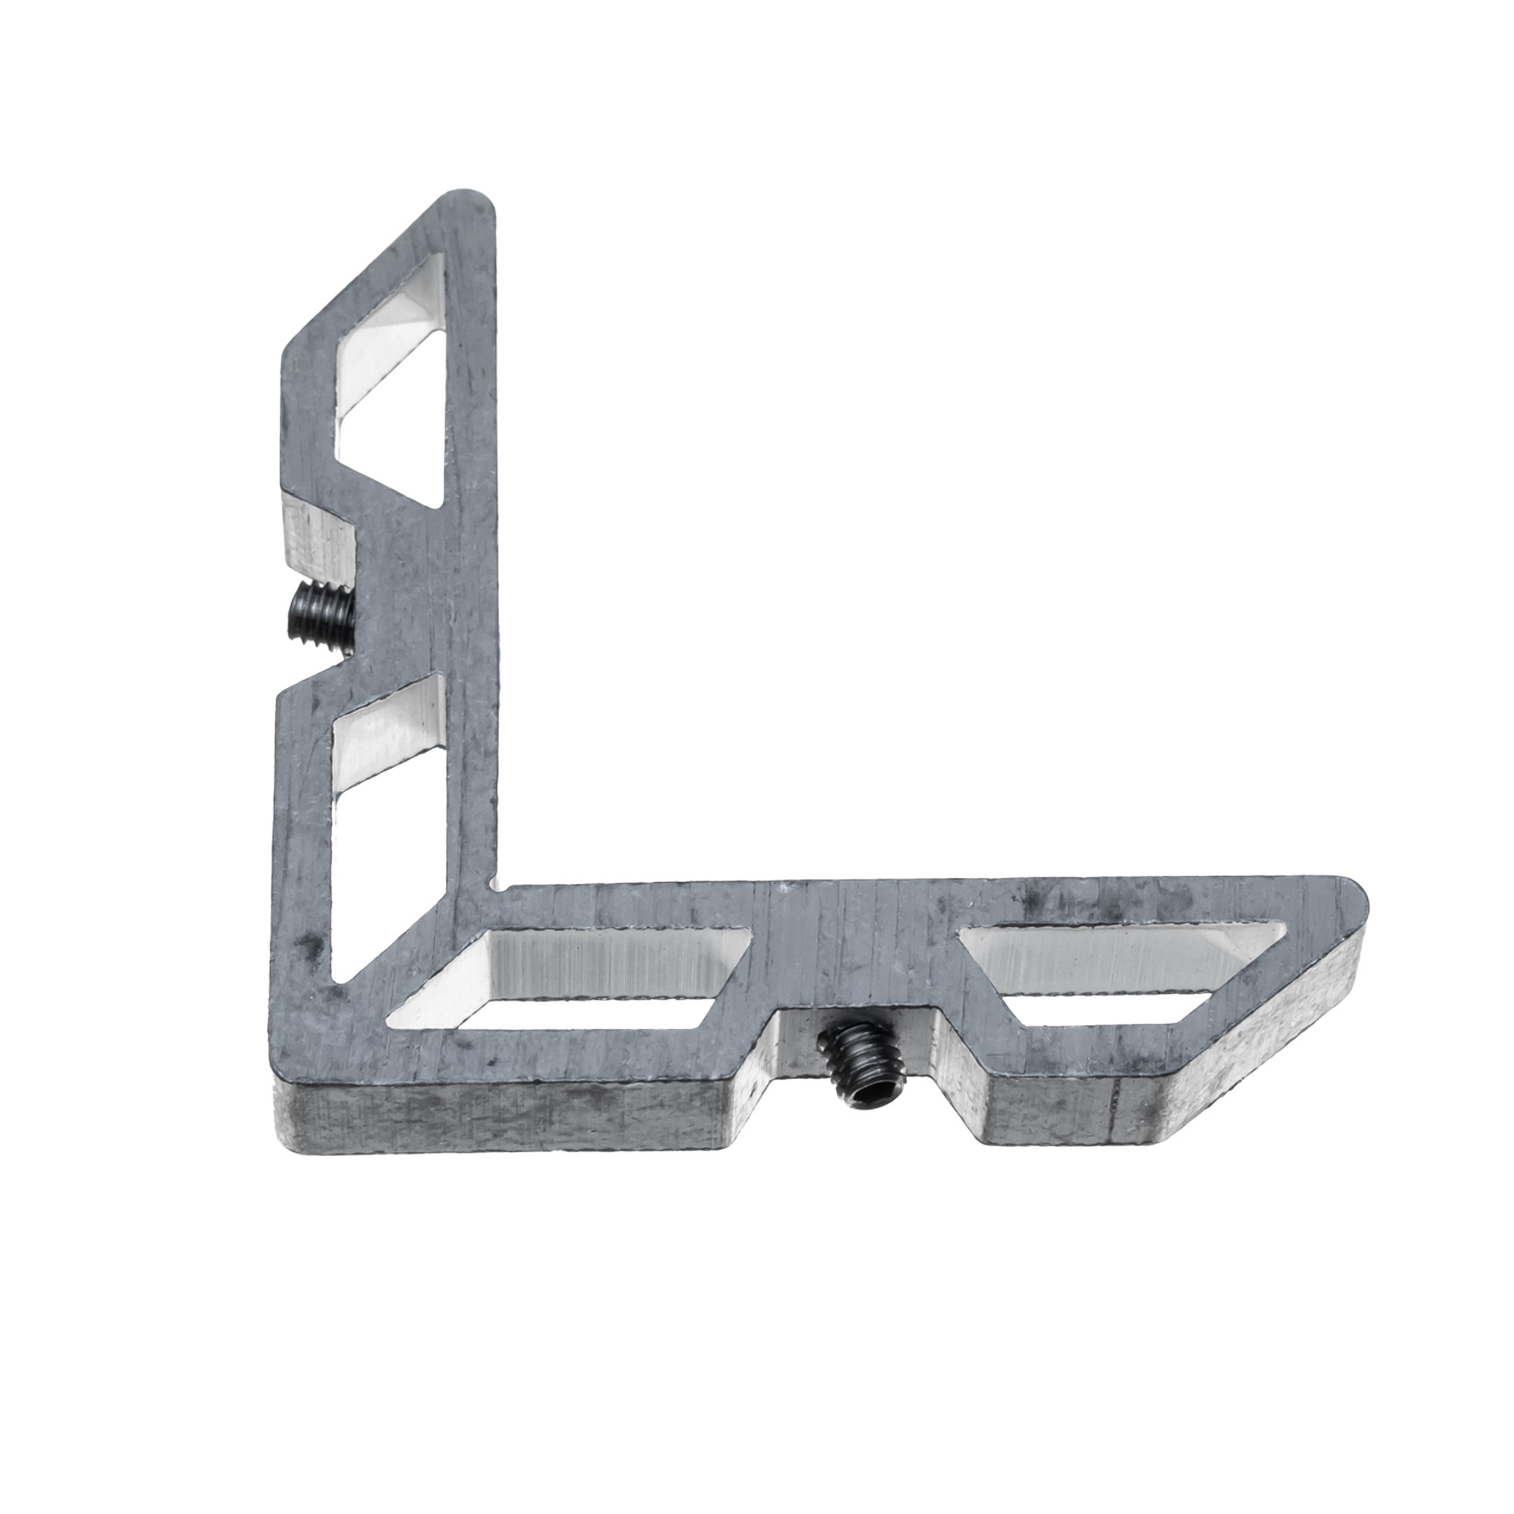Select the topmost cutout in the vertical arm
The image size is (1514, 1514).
pos(389,383)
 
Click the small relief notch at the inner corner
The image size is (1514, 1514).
pos(492,885)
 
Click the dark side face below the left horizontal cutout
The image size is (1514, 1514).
pos(502,1113)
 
